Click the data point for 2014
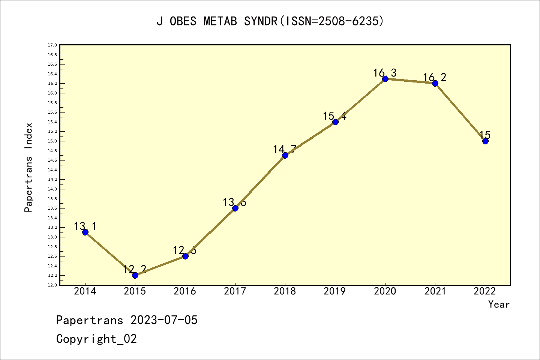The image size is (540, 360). point(85,232)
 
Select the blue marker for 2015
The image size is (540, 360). point(135,275)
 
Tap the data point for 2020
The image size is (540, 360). point(385,79)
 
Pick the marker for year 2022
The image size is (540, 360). point(485,141)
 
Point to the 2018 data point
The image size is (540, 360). point(285,155)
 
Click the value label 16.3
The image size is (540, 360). point(385,73)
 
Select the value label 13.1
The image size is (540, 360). point(85,226)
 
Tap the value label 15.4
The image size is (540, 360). point(335,116)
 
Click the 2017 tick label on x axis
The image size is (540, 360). point(235,291)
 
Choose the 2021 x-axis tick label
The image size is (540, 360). point(435,291)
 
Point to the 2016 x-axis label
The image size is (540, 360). point(185,291)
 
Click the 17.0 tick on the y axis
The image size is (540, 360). point(52,45)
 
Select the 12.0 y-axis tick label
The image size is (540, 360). point(52,285)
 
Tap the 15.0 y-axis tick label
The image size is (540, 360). point(52,141)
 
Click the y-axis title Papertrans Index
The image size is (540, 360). point(29,167)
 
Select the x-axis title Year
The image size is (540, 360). point(499,304)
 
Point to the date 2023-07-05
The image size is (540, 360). point(164,320)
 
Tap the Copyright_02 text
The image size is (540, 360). point(96,339)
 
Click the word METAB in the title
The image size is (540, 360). point(220,21)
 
